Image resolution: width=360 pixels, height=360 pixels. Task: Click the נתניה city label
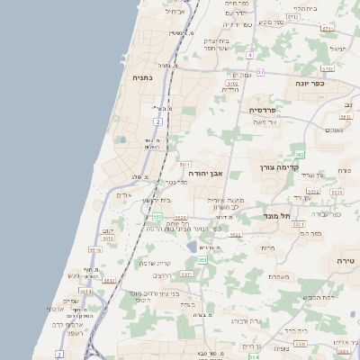pyautogui.click(x=142, y=77)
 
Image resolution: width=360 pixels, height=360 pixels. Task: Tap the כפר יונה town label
pyautogui.click(x=308, y=83)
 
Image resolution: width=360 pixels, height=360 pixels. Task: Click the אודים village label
pyautogui.click(x=124, y=195)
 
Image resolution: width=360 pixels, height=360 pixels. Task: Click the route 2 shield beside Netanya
pyautogui.click(x=157, y=121)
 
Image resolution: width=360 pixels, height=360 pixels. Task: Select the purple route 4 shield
pyautogui.click(x=249, y=55)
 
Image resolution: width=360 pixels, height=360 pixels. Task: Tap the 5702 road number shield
pyautogui.click(x=232, y=83)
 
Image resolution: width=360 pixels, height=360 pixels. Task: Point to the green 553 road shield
pyautogui.click(x=157, y=217)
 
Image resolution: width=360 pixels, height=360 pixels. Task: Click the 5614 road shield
pyautogui.click(x=85, y=291)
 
